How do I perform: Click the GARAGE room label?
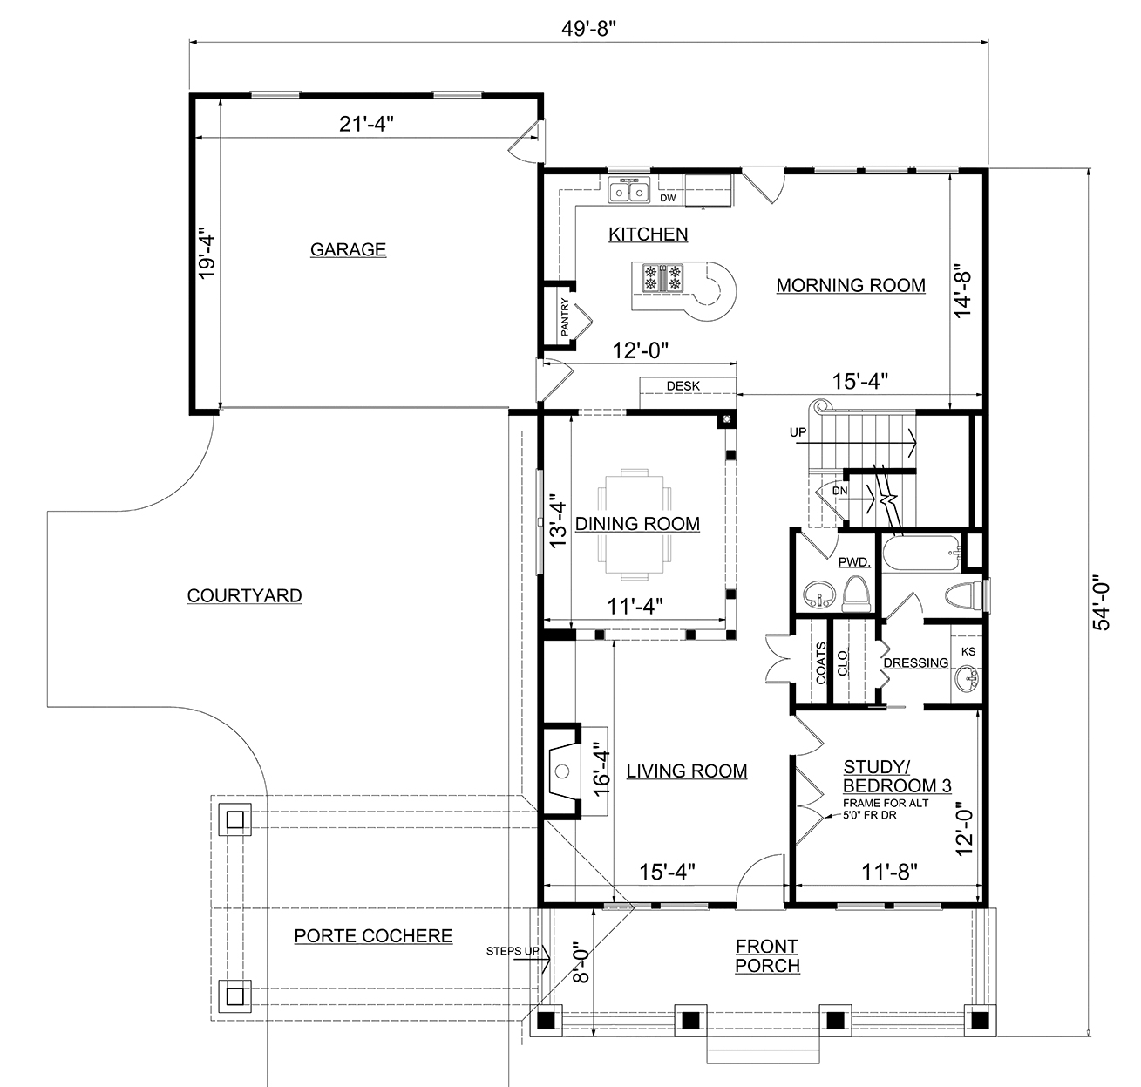pyautogui.click(x=348, y=249)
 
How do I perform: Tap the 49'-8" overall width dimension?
pyautogui.click(x=588, y=28)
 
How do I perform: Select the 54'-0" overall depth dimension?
pyautogui.click(x=1101, y=602)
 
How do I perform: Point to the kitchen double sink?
pyautogui.click(x=629, y=191)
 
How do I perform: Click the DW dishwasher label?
pyautogui.click(x=668, y=198)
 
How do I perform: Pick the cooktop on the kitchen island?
pyautogui.click(x=662, y=277)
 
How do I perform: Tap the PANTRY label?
pyautogui.click(x=565, y=317)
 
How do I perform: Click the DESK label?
pyautogui.click(x=683, y=386)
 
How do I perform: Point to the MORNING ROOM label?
pyautogui.click(x=851, y=286)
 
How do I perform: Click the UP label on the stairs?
pyautogui.click(x=798, y=432)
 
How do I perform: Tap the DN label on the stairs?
pyautogui.click(x=839, y=491)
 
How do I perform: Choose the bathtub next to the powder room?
pyautogui.click(x=921, y=553)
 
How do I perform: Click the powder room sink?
pyautogui.click(x=818, y=595)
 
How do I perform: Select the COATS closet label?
pyautogui.click(x=820, y=663)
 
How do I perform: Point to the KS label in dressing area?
pyautogui.click(x=968, y=652)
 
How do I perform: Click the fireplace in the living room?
pyautogui.click(x=562, y=771)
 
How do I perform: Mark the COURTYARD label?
pyautogui.click(x=244, y=596)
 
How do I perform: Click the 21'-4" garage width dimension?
pyautogui.click(x=366, y=124)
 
